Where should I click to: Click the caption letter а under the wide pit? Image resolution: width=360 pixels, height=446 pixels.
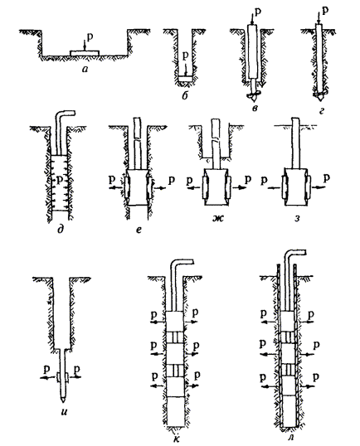coord(85,68)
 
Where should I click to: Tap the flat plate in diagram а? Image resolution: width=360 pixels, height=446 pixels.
coord(85,53)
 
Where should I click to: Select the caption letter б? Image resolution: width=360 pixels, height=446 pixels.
coord(185,95)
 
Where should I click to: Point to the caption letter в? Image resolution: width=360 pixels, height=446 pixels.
coord(254,108)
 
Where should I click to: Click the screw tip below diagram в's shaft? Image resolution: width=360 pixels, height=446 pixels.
coord(254,96)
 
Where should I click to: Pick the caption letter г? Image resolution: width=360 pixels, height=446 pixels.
coord(322,110)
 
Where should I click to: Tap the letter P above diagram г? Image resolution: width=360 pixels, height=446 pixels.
coord(325,11)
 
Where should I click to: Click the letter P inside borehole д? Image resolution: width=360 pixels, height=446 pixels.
coord(59,181)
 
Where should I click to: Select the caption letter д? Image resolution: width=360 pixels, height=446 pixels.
coord(61,229)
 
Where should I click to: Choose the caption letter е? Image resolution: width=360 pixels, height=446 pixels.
coord(139,230)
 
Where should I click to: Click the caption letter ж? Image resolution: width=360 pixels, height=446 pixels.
coord(219,218)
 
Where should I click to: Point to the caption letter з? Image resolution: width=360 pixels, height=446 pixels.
coord(297,219)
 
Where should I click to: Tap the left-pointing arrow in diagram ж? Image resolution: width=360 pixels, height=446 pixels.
coord(194,187)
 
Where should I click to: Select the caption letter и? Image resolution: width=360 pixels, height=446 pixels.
coord(65,411)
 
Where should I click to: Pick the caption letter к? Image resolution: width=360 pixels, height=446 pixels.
coord(177,439)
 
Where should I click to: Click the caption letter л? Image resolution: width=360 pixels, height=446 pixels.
coord(291,437)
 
